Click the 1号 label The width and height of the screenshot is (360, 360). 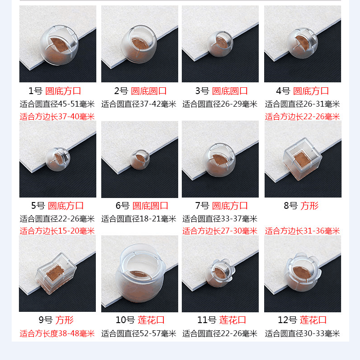(35, 91)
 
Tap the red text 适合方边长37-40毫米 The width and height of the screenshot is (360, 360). (57, 117)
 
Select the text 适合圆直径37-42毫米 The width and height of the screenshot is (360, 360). (139, 104)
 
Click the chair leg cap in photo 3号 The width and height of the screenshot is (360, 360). (220, 44)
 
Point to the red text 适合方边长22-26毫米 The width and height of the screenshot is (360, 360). (302, 117)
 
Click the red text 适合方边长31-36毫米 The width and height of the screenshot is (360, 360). (302, 231)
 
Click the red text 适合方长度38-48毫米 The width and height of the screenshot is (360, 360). (57, 333)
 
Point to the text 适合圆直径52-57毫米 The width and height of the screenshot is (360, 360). (139, 333)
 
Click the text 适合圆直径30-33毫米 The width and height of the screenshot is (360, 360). (302, 333)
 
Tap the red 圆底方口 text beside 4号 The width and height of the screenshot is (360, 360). (311, 91)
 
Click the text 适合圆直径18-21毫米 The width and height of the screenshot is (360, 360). (139, 219)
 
